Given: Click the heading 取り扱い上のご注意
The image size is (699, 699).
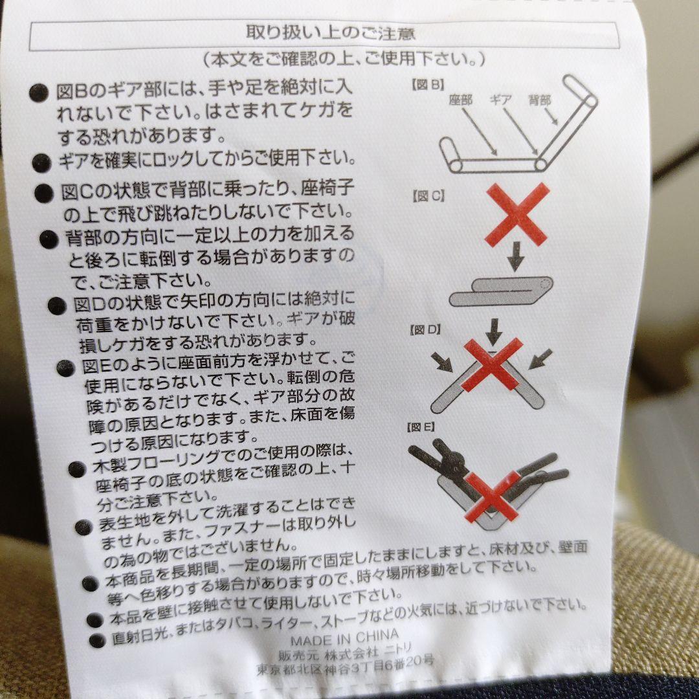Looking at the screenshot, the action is (x=330, y=33).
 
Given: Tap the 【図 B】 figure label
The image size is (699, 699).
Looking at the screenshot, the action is (x=428, y=85).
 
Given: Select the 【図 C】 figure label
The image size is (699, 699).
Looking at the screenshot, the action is (x=428, y=196).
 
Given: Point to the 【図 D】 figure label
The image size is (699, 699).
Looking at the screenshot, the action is (x=425, y=330).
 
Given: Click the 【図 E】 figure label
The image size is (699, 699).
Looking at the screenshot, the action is (x=421, y=427).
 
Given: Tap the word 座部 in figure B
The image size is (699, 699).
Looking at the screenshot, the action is (x=461, y=100).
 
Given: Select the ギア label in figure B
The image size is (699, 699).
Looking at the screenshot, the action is (x=500, y=100).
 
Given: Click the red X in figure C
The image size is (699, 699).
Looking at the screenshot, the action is (x=516, y=214).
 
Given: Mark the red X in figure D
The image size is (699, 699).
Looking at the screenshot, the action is (x=492, y=364).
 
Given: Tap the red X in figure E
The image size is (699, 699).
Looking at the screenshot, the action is (x=492, y=496).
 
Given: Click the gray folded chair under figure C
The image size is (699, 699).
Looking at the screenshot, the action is (x=500, y=291).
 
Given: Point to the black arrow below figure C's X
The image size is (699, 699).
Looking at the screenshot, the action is (x=516, y=256).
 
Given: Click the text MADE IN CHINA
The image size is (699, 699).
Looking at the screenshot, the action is (x=344, y=638).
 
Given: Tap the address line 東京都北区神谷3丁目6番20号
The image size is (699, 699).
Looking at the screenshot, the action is (x=344, y=665).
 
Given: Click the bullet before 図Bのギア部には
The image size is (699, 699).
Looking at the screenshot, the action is (x=39, y=93).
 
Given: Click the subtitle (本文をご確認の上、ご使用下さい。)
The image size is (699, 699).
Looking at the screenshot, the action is (x=344, y=58).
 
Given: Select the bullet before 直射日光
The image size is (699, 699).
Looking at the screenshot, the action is (x=97, y=641).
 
